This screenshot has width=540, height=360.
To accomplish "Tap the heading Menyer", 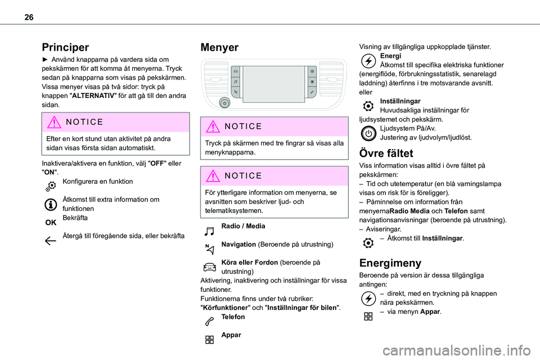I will (219, 47).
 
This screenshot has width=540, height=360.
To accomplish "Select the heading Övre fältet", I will (386, 153).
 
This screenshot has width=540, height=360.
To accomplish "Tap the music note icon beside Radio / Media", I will (209, 229).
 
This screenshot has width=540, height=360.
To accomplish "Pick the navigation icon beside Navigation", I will (209, 247).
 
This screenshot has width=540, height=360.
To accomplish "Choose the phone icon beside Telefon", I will (209, 321).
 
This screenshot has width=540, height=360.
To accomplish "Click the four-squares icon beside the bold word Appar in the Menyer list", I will (209, 339).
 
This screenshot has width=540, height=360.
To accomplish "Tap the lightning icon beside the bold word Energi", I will (367, 60).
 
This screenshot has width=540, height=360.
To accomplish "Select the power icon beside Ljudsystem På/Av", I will (367, 133).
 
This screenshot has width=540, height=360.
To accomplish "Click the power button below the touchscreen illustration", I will (224, 103).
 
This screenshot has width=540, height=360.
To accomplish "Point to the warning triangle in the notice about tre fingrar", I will (214, 127).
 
